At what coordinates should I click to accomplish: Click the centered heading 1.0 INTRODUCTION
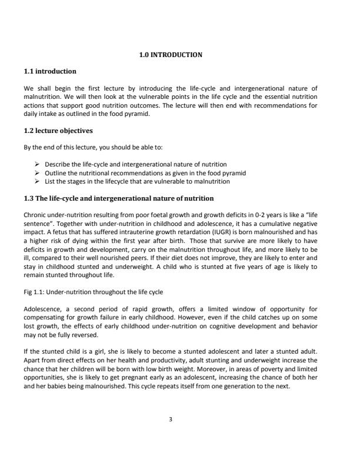coord(171,55)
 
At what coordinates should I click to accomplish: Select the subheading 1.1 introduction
coord(49,71)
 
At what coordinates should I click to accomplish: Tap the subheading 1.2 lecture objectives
coord(58,130)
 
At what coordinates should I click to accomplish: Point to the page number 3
coord(170,420)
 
